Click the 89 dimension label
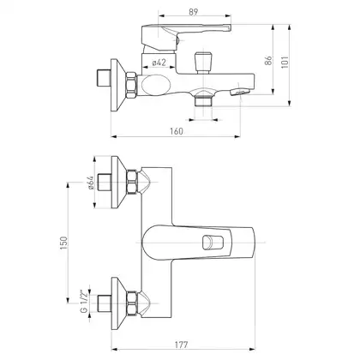pyautogui.click(x=193, y=12)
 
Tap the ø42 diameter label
pyautogui.click(x=159, y=63)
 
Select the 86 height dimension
pyautogui.click(x=269, y=61)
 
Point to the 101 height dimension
pyautogui.click(x=285, y=62)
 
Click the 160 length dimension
pyautogui.click(x=177, y=131)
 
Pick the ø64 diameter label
pyautogui.click(x=90, y=183)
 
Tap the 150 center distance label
pyautogui.click(x=63, y=243)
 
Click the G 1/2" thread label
pyautogui.click(x=84, y=302)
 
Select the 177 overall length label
pyautogui.click(x=182, y=345)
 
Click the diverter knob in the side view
pyautogui.click(x=202, y=62)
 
